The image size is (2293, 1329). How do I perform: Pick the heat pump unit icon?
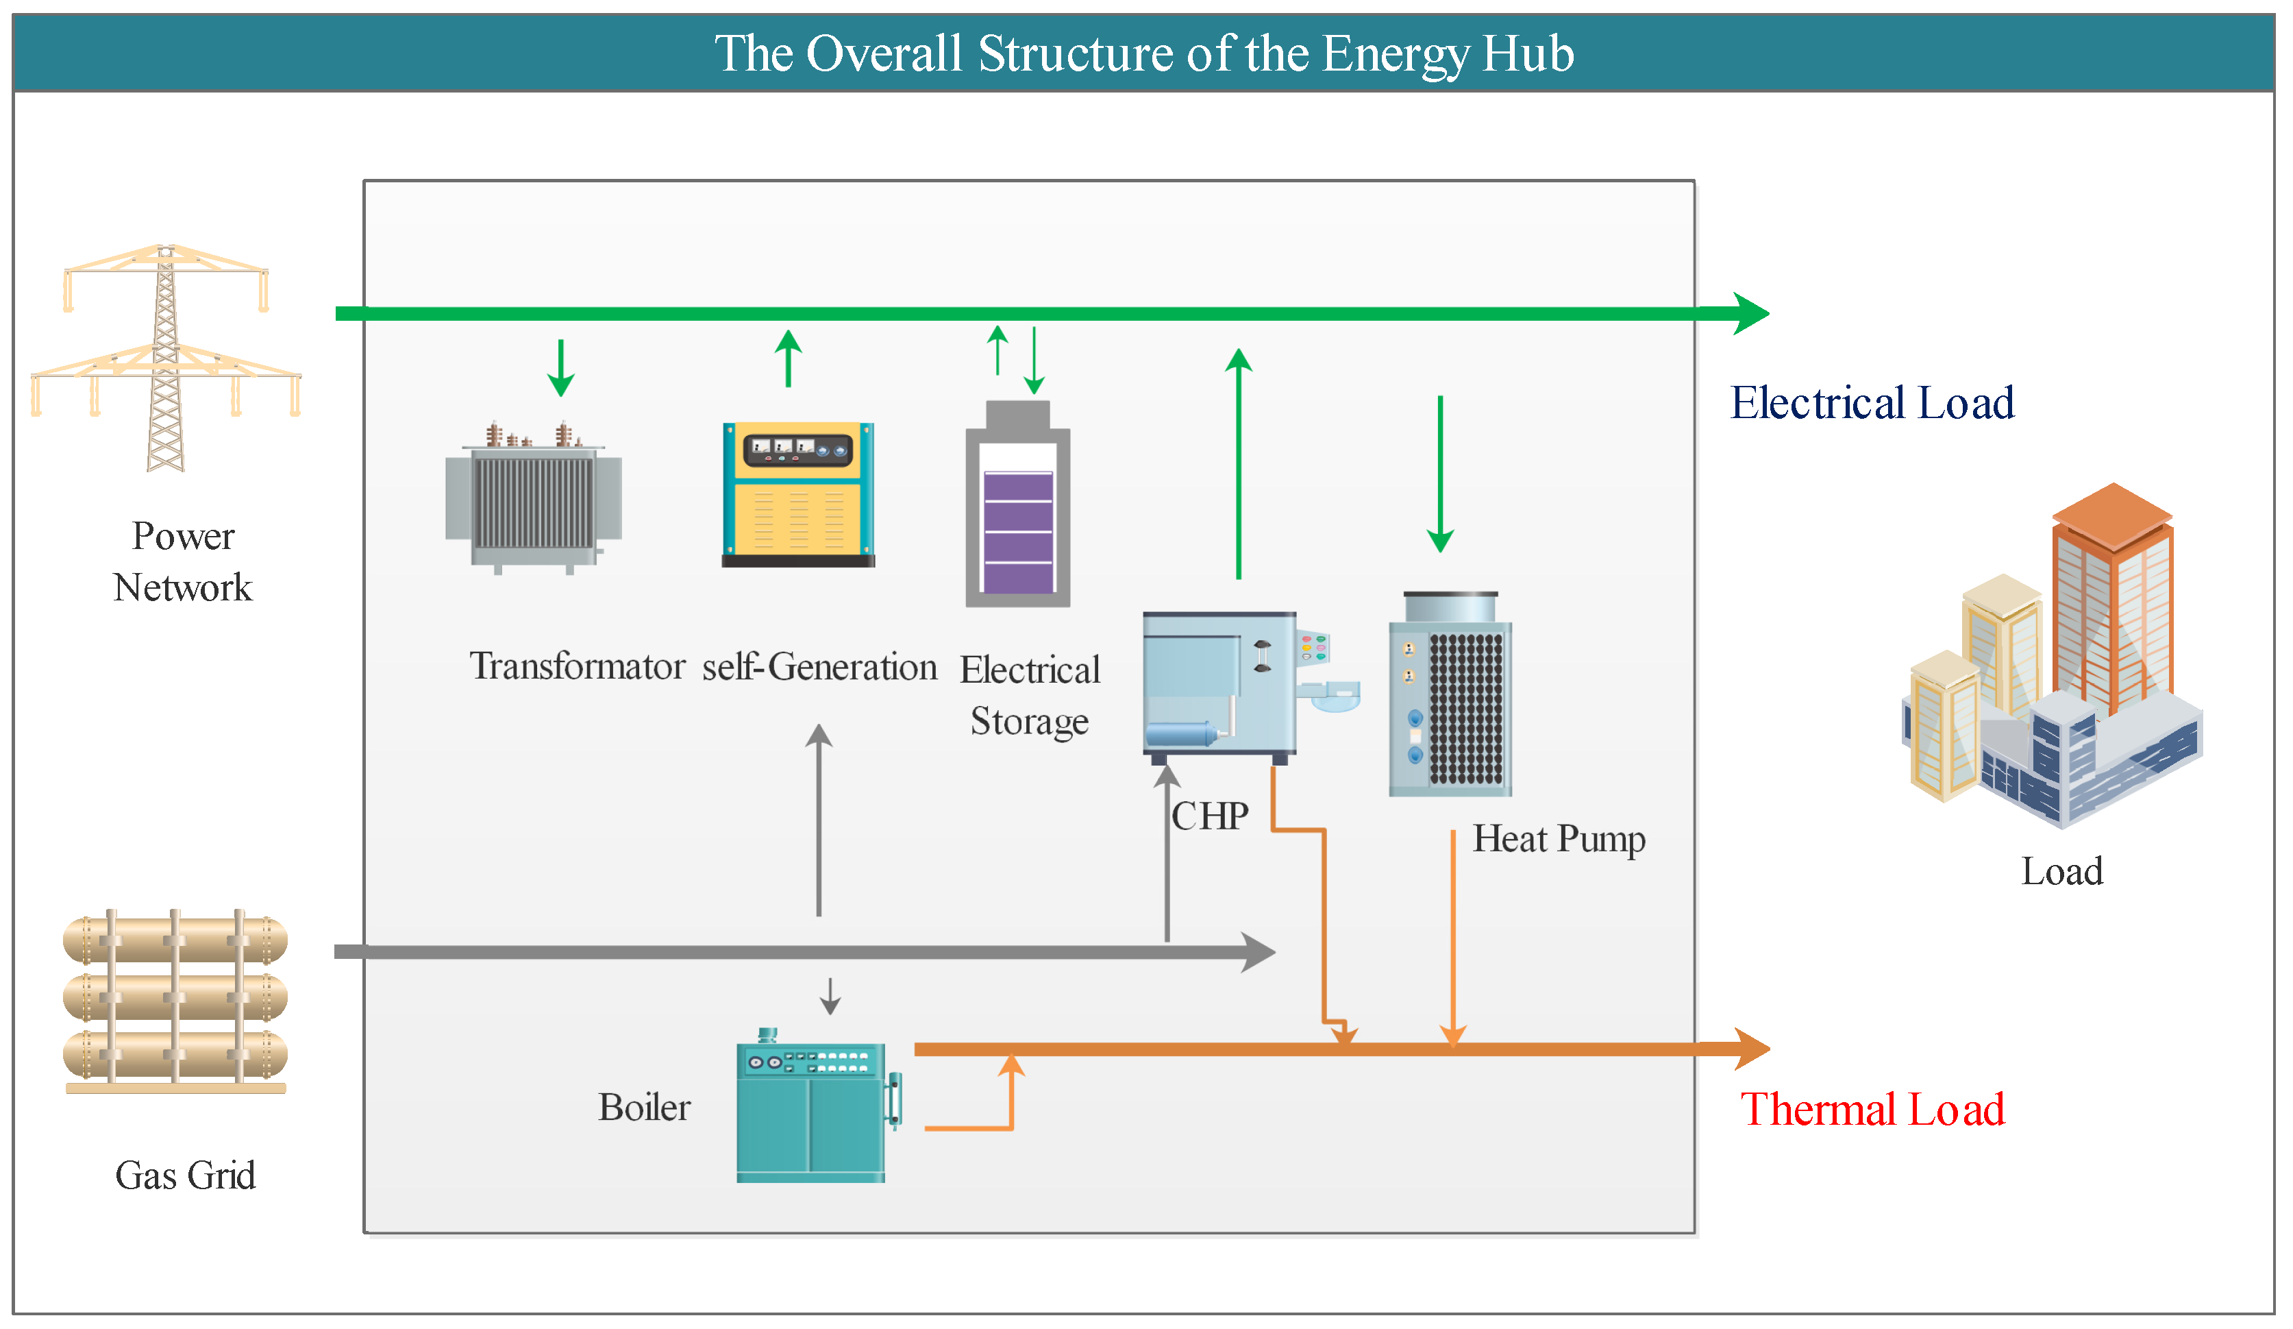coord(1450,696)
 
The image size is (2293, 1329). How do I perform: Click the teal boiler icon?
coord(813,1110)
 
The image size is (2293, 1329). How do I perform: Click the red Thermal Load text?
coord(1872,1110)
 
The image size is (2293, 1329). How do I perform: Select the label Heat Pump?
coord(1558,838)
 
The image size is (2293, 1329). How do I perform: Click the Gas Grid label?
coord(185,1175)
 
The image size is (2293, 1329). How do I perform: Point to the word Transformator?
coord(577,666)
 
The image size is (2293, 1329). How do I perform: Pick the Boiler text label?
coord(643,1108)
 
